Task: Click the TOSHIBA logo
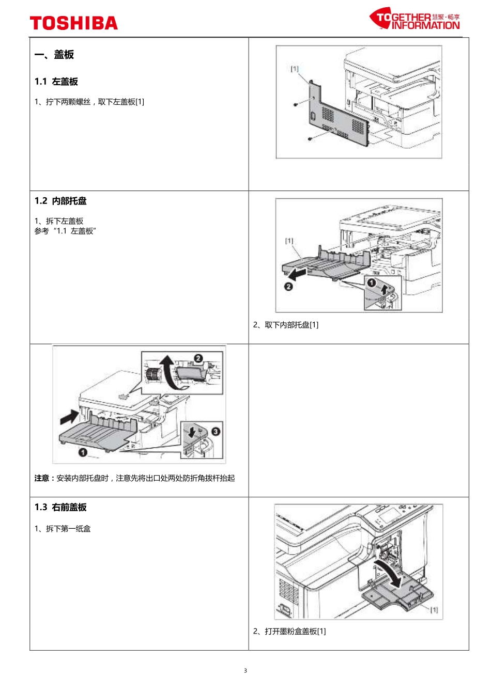[x=74, y=23]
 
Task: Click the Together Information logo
[x=415, y=19]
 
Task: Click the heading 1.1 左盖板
[x=56, y=82]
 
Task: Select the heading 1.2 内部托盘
[x=60, y=201]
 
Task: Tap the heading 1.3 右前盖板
[x=60, y=507]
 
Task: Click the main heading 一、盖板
[x=54, y=54]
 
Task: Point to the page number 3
[x=245, y=671]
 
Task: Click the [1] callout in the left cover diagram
[x=294, y=68]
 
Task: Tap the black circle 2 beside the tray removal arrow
[x=289, y=286]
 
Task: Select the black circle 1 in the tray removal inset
[x=371, y=282]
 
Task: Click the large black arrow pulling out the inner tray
[x=298, y=273]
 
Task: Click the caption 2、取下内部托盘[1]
[x=286, y=325]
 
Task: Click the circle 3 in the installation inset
[x=216, y=431]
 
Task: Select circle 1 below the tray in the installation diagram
[x=82, y=453]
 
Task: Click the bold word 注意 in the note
[x=42, y=478]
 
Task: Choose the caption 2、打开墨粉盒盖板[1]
[x=289, y=631]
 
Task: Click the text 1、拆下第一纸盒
[x=63, y=529]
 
